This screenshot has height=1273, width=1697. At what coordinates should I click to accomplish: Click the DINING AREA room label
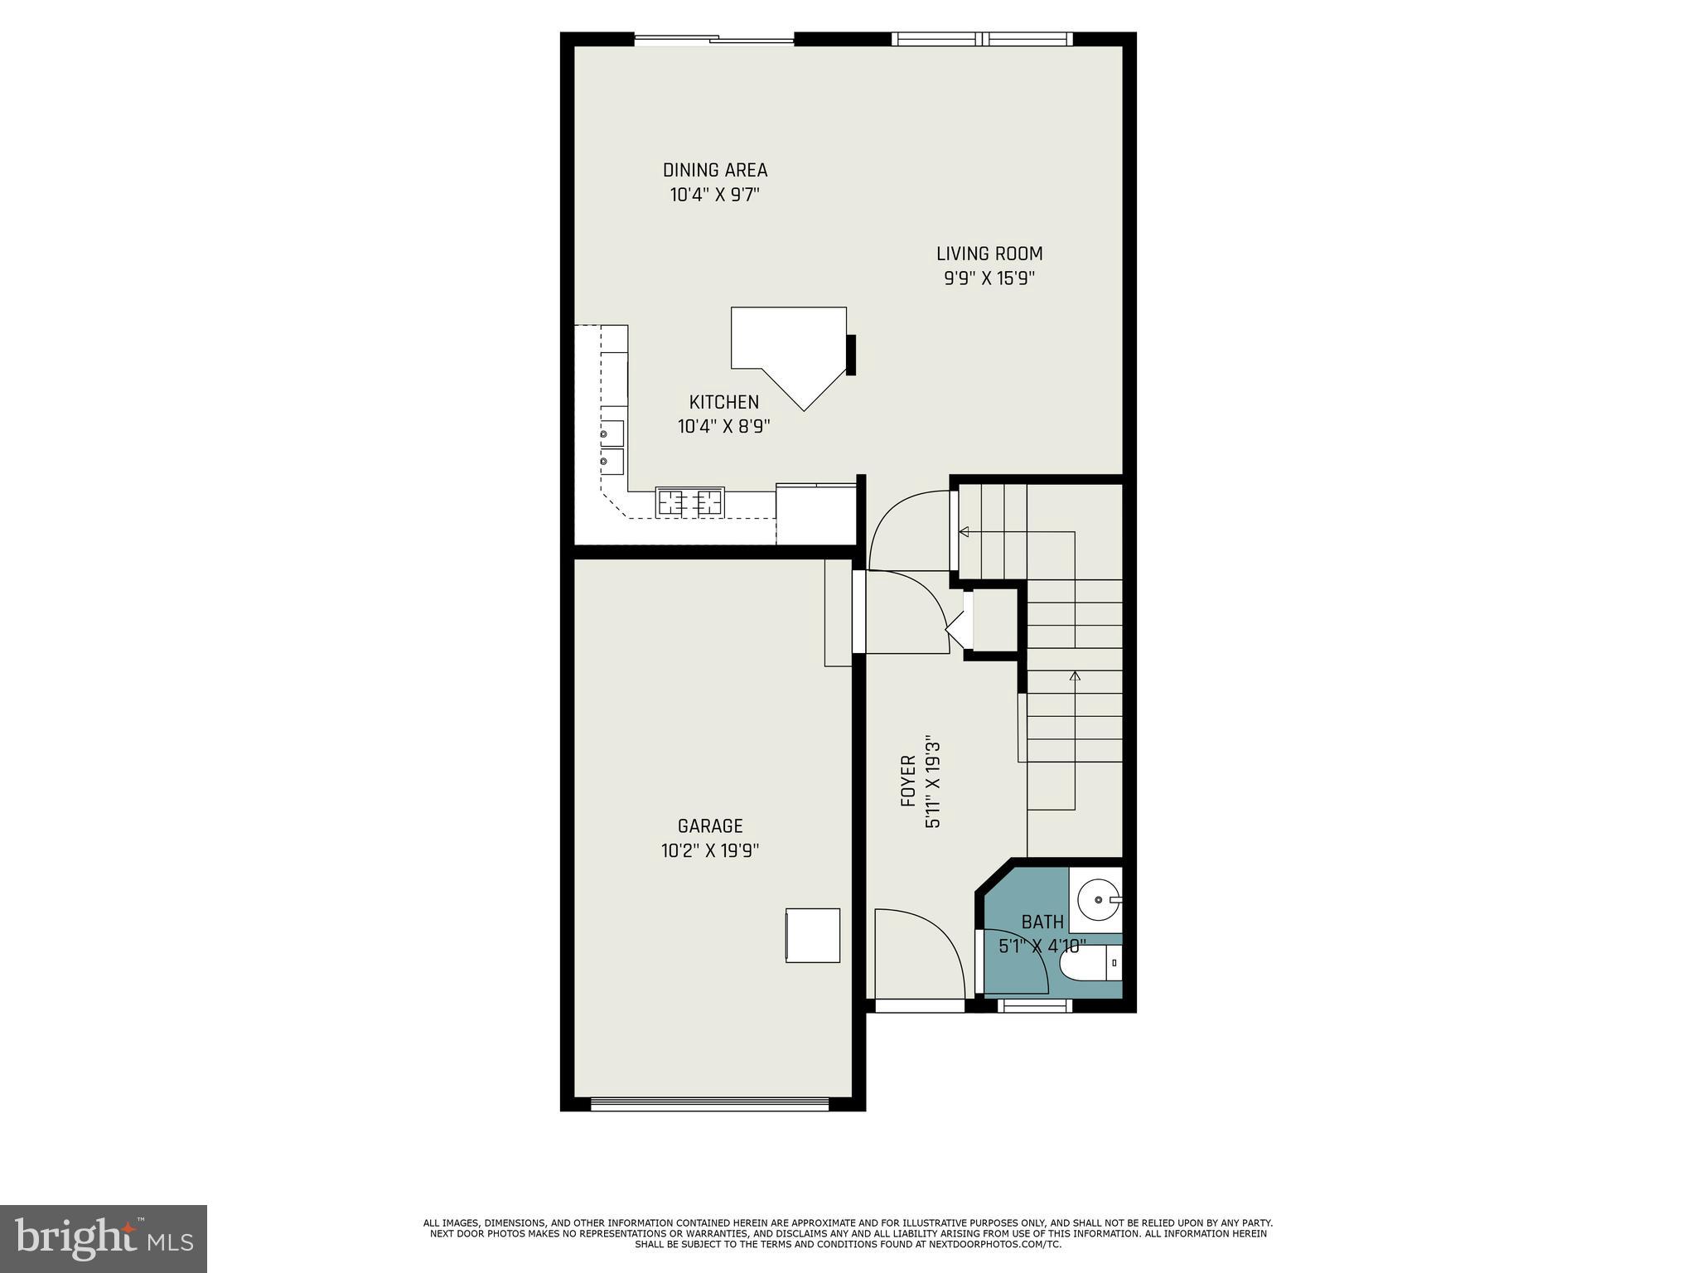pos(714,170)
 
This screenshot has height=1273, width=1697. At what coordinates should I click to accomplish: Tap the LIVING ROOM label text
pos(989,254)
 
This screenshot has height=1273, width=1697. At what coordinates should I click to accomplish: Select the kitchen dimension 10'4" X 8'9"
pos(723,427)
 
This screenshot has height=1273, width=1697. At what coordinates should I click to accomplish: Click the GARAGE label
pos(710,825)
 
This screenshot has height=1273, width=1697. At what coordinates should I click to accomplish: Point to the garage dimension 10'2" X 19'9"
pos(710,850)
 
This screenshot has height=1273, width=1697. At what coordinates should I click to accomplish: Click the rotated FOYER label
pos(908,781)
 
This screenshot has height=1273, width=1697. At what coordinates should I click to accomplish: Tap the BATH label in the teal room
pos(1042,922)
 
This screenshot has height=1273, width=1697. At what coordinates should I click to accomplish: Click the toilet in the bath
pos(1089,965)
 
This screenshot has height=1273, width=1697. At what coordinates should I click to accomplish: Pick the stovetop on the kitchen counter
pos(689,502)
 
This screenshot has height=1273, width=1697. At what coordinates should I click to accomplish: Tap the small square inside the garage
pos(812,935)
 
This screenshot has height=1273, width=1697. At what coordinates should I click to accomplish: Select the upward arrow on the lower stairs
pos(1075,676)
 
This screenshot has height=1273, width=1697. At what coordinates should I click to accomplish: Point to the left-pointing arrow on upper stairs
pos(964,532)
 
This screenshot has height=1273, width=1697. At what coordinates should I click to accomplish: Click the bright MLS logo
pos(103,1238)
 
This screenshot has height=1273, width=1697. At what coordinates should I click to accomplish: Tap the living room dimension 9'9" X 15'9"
pos(989,278)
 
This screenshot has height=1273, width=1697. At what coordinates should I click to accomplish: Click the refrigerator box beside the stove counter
pos(815,514)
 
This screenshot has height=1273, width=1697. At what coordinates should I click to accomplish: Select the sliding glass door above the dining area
pos(713,39)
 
